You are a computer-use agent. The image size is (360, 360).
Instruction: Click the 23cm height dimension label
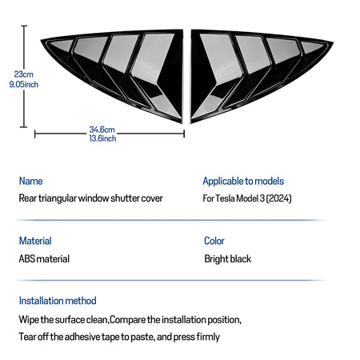(23, 74)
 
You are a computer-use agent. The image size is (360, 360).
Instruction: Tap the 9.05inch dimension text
(24, 85)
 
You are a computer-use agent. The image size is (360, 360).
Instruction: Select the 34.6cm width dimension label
(102, 130)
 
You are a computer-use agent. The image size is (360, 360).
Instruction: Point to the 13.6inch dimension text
(102, 138)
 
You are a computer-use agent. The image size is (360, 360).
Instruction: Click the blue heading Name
(30, 181)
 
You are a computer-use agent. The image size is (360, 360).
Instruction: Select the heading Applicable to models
(243, 182)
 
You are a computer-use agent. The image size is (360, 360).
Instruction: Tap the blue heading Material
(35, 241)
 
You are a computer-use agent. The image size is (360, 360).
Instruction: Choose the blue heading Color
(214, 241)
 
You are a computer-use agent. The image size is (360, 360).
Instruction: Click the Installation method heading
(58, 301)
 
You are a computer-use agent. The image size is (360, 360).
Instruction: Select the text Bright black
(228, 259)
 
